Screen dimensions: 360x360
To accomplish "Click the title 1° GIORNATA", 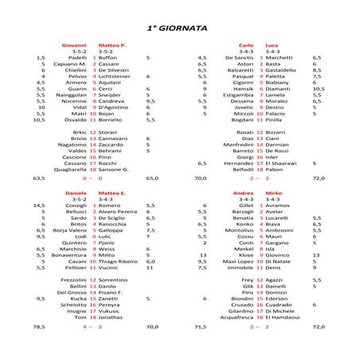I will (179, 26).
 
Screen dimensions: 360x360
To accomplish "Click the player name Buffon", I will (108, 58).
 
